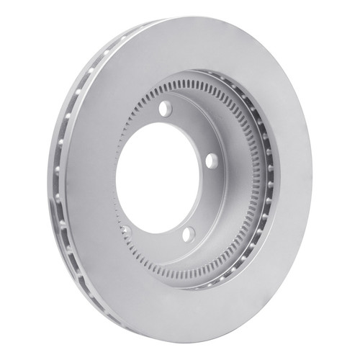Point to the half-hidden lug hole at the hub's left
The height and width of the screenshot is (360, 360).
[x=124, y=230]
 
